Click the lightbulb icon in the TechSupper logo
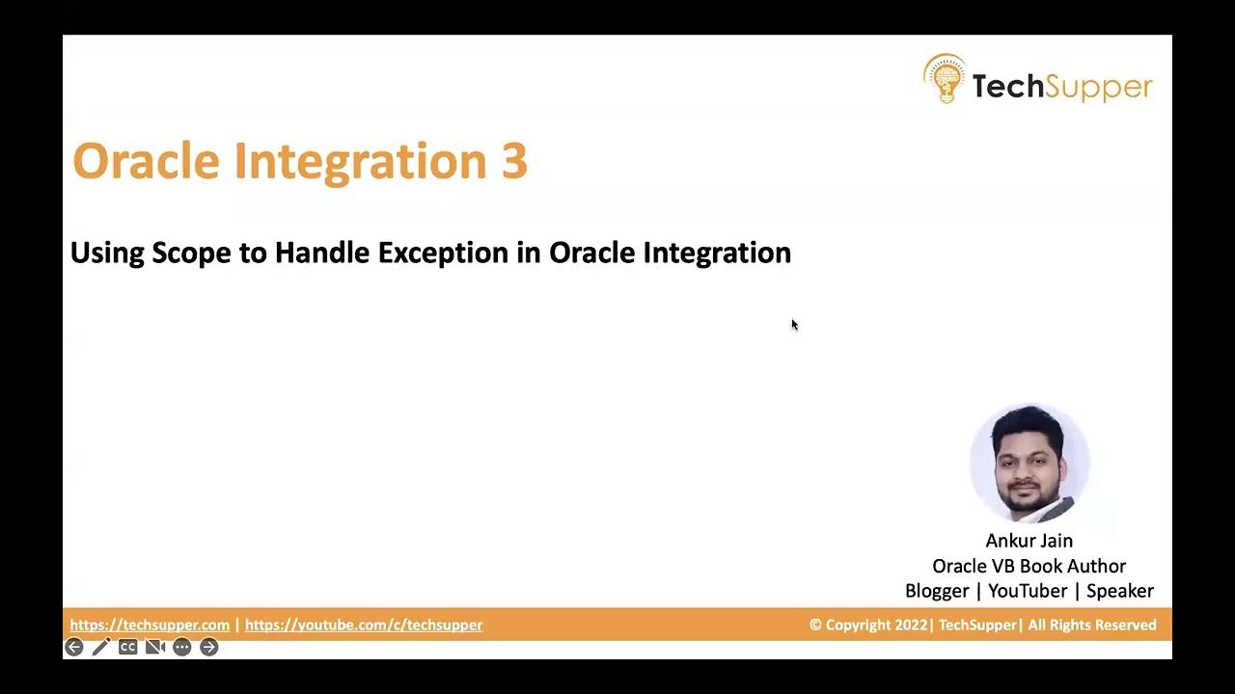tap(944, 79)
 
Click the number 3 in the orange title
tap(513, 161)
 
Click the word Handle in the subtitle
tap(322, 253)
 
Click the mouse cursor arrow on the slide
tap(794, 325)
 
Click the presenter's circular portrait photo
tap(1029, 464)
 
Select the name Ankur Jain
tap(1029, 541)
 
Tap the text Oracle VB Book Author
tap(1029, 566)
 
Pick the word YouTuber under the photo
tap(1028, 591)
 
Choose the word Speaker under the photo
tap(1119, 591)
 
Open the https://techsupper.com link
tap(150, 625)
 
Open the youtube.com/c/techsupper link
tap(364, 625)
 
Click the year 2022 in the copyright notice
tap(910, 625)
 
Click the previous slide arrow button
tap(74, 647)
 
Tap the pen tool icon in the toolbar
tap(101, 647)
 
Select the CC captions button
tap(127, 647)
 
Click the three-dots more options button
tap(181, 647)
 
